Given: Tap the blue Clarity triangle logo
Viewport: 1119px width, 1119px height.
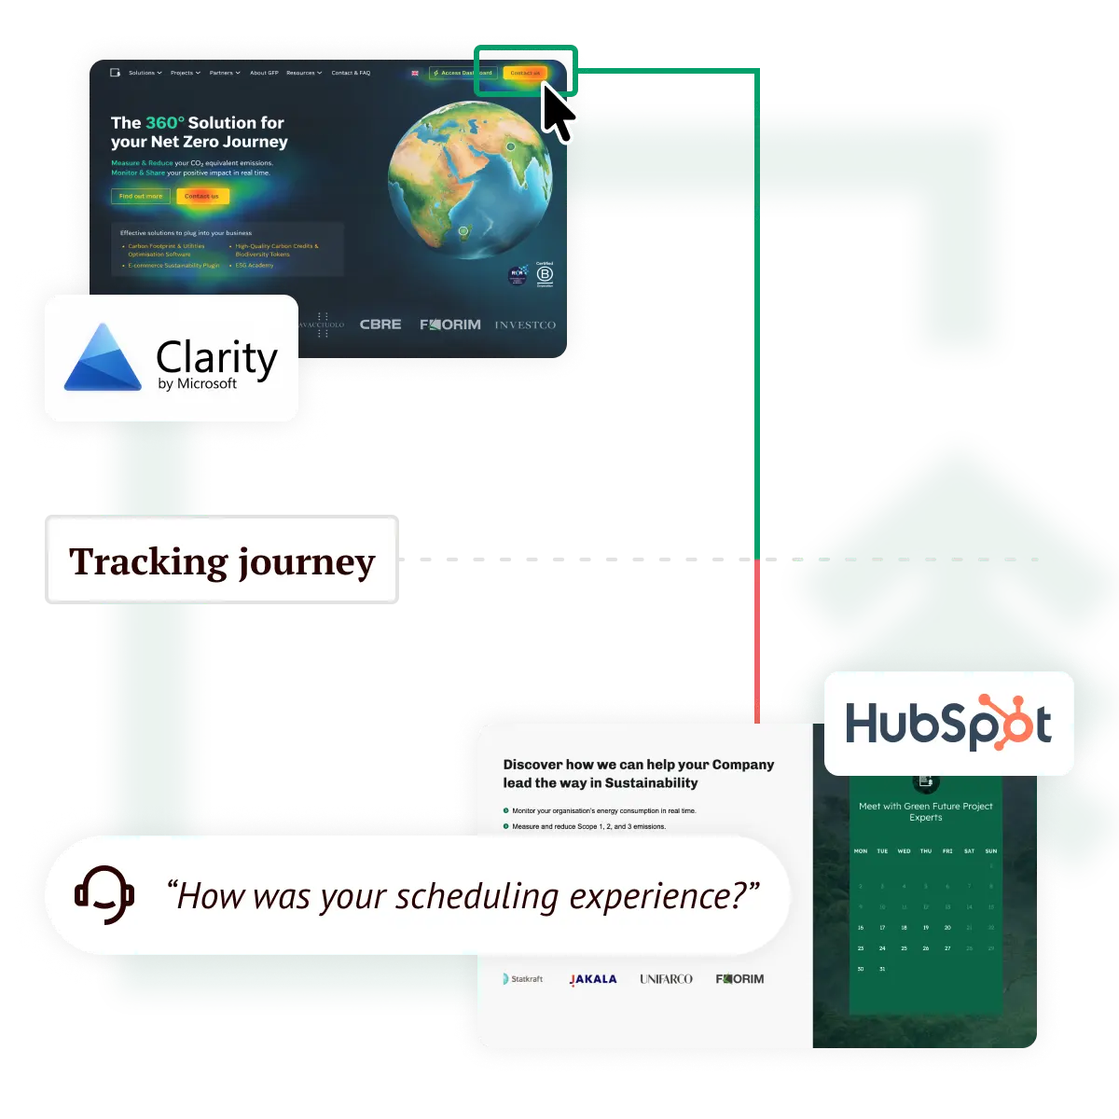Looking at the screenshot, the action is (x=103, y=359).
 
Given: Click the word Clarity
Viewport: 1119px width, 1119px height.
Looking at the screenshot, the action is (x=216, y=357).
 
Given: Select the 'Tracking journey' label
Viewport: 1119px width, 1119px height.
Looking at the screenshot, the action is (x=223, y=560).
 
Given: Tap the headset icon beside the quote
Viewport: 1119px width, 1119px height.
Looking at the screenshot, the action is (x=104, y=895).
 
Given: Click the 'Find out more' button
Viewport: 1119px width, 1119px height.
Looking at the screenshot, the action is (x=141, y=196).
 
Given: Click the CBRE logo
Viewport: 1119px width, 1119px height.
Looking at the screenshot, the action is (x=380, y=325).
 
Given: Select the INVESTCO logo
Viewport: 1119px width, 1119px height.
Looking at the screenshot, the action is (x=525, y=325).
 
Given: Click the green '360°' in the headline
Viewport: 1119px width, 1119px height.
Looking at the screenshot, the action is (x=164, y=122).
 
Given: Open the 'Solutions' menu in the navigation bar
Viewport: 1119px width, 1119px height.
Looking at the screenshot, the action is (x=145, y=73).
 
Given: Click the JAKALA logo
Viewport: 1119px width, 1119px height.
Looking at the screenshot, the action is (x=593, y=979).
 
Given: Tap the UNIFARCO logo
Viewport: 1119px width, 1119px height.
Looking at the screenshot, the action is (x=666, y=979).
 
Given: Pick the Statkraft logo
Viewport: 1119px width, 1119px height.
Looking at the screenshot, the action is (x=523, y=979).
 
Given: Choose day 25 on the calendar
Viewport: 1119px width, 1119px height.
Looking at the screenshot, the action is (x=904, y=948).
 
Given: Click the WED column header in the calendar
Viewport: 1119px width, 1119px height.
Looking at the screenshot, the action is (x=904, y=851).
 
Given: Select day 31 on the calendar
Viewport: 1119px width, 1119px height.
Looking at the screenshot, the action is (x=882, y=969).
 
